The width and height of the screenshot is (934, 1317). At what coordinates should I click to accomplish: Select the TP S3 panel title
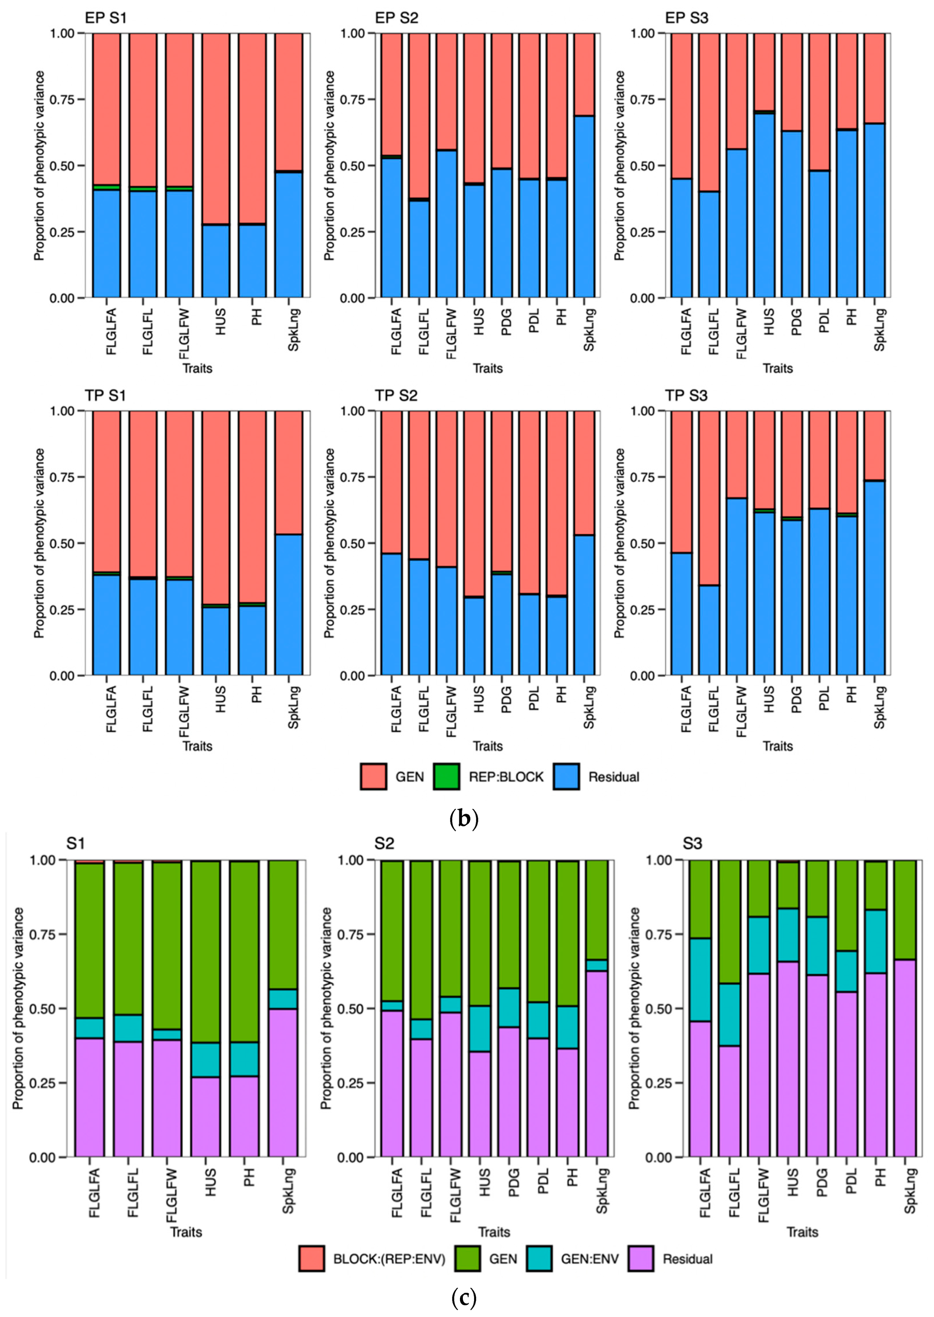(x=686, y=396)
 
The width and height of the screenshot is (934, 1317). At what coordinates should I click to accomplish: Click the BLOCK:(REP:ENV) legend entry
(x=389, y=1259)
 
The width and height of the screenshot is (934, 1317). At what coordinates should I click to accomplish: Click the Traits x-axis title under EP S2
(x=487, y=368)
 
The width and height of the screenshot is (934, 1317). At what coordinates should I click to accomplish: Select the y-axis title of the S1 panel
(x=19, y=1009)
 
